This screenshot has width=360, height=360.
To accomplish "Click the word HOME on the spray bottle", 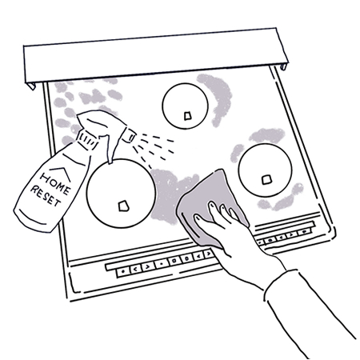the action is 55,182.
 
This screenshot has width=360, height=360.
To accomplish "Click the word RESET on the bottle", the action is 46,196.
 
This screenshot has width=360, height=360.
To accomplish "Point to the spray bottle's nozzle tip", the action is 132,135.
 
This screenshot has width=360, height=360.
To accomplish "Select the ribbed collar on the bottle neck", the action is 87,139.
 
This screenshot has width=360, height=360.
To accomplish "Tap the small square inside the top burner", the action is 188,116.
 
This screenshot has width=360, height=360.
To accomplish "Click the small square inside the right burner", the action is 266,180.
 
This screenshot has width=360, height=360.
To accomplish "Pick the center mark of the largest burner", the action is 123,206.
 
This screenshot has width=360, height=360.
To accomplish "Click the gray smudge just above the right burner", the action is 266,135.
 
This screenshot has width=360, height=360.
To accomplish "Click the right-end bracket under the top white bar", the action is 283,66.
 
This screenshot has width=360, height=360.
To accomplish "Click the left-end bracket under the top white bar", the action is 30,86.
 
